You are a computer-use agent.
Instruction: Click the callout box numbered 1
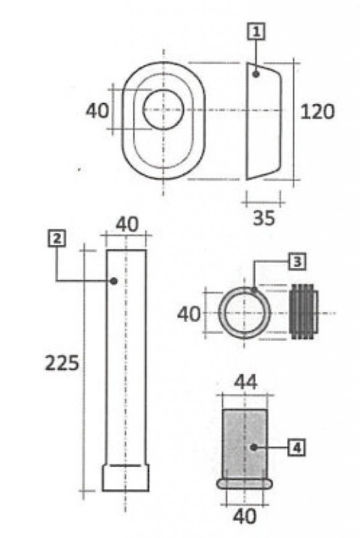256,32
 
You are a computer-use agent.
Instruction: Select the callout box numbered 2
57,239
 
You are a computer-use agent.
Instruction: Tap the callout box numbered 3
297,262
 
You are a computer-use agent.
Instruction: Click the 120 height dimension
317,112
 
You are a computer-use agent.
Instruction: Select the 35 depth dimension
264,218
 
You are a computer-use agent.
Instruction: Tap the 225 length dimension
62,363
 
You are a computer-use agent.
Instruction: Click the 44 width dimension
245,382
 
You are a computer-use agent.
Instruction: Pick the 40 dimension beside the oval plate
97,110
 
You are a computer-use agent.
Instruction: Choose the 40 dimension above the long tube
127,224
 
